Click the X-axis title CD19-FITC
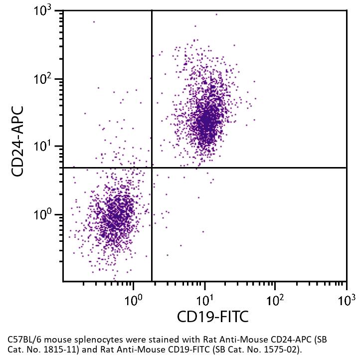pos(212,316)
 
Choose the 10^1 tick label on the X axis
pos(204,300)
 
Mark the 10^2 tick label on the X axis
pos(275,300)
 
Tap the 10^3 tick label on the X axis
pos(346,300)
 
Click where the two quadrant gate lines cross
pos(152,168)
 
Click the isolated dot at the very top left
pos(94,21)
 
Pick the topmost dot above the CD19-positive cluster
pos(216,14)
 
